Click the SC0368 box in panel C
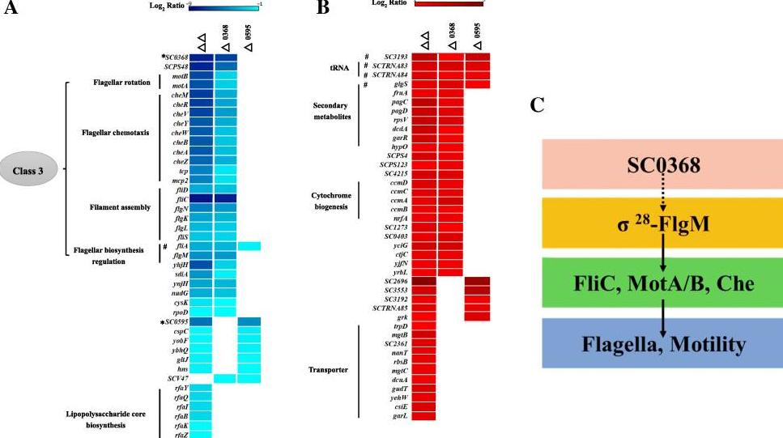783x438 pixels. point(662,166)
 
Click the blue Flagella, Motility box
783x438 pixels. point(662,344)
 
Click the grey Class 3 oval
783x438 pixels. point(30,171)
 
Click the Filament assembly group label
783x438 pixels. point(122,207)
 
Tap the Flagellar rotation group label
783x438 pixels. point(122,83)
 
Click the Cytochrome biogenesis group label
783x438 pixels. point(334,201)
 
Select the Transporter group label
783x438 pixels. point(334,370)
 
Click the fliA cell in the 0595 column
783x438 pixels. point(249,246)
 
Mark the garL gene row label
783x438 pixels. point(400,416)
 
